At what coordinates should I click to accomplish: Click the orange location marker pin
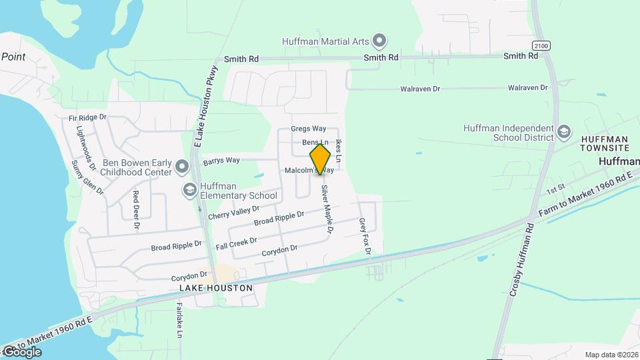(x=321, y=159)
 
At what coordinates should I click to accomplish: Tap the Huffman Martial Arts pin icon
(x=379, y=41)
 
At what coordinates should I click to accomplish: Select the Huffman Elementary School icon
(x=189, y=191)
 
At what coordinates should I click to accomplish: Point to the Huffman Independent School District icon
(x=564, y=131)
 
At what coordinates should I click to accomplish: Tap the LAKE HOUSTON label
(x=216, y=288)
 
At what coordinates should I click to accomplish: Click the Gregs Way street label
(x=309, y=129)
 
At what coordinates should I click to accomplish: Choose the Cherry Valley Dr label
(x=233, y=213)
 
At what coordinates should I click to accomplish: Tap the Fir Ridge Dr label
(x=87, y=118)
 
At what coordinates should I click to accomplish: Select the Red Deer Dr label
(x=136, y=210)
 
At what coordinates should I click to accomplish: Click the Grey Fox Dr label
(x=364, y=236)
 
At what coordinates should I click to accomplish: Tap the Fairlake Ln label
(x=179, y=321)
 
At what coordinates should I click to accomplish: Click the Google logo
(x=22, y=351)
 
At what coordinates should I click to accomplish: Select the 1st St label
(x=555, y=190)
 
